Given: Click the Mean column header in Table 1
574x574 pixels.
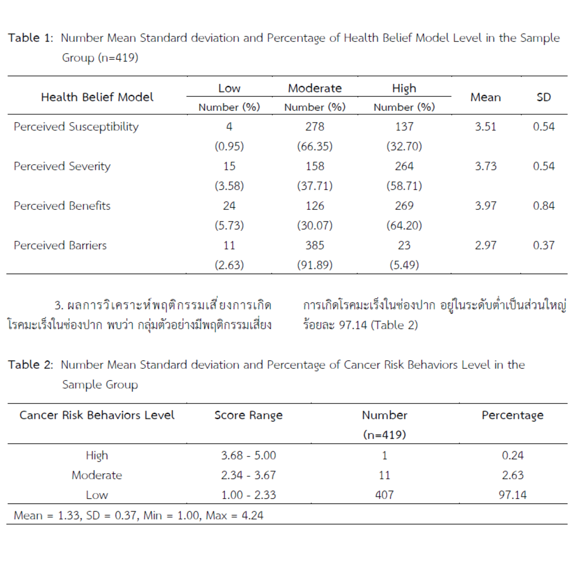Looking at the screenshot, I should [x=485, y=98].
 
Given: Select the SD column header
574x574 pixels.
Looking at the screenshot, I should [x=543, y=98].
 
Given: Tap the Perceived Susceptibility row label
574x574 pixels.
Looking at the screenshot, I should [x=76, y=127].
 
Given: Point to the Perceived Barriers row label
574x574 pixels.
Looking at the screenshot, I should [x=60, y=245].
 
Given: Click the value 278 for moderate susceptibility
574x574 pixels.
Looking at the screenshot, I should [x=315, y=127].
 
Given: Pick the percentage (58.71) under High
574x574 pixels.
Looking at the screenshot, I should [x=404, y=186].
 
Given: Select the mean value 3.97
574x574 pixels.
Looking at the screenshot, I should [x=485, y=206].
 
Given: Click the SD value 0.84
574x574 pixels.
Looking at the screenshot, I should [x=543, y=206].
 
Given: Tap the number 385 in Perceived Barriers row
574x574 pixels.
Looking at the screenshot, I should [x=315, y=245].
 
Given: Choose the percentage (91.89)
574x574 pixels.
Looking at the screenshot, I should [x=315, y=265].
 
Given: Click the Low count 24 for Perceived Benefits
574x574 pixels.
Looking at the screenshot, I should [x=229, y=206].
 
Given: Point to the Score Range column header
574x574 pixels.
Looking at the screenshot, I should [x=248, y=415].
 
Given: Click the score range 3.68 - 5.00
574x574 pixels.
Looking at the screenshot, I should [x=248, y=455].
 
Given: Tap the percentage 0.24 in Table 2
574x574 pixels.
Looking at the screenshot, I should [x=513, y=455].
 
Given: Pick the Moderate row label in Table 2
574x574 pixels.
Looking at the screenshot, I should [x=97, y=475].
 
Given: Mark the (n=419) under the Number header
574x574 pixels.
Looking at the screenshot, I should [x=384, y=435].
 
